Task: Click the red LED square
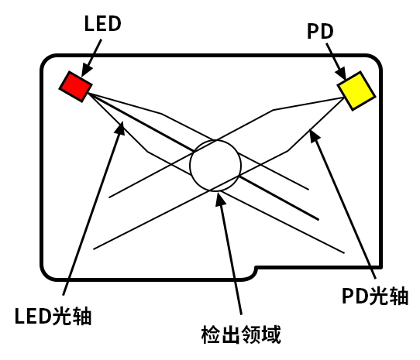coord(76,87)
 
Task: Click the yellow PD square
coord(356,91)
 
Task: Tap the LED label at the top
coord(102,23)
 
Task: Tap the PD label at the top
coord(320,31)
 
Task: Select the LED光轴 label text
coord(53,316)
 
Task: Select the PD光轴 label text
coord(375,296)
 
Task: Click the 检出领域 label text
coord(241,334)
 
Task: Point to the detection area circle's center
coord(215,166)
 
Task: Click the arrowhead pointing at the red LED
coord(87,70)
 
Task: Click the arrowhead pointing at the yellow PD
coord(341,73)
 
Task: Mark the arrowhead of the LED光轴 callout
coord(120,129)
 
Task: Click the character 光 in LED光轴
coord(62,316)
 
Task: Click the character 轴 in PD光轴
coord(399,296)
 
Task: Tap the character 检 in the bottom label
coord(211,334)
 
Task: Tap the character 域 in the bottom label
coord(271,334)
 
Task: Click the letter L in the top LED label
coord(89,23)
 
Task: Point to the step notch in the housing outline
coord(255,269)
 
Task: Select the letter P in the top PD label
coord(313,31)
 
